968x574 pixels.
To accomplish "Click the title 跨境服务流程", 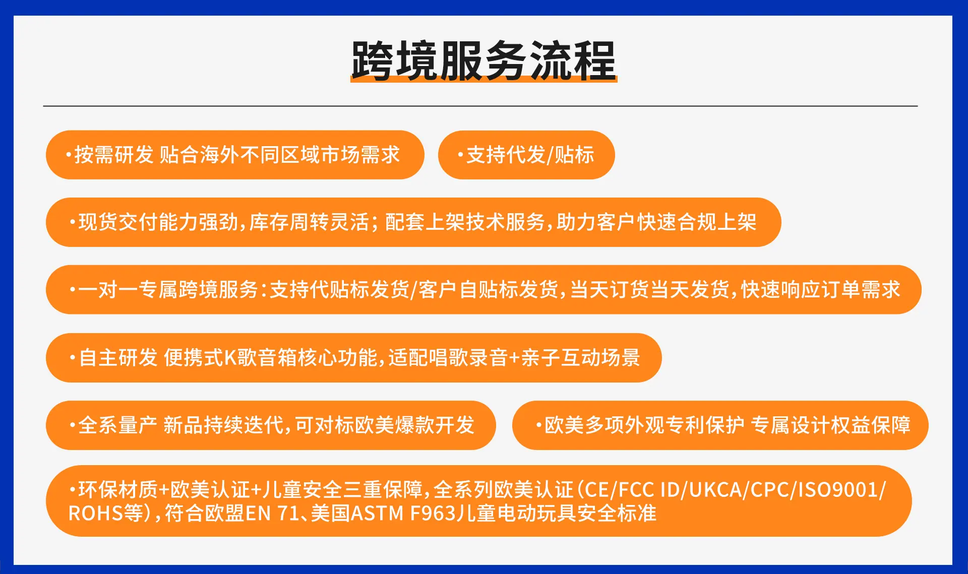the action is (x=483, y=61).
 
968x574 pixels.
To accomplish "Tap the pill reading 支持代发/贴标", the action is (x=526, y=155).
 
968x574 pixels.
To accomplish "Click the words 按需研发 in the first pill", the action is (x=114, y=155).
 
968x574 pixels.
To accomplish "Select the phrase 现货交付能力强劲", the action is (x=158, y=222).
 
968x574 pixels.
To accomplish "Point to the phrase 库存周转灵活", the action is (x=309, y=222).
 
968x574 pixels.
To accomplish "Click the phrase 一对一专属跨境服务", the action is (x=168, y=290).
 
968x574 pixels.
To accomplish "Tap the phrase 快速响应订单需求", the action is (x=821, y=290).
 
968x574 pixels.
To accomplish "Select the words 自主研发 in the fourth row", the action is (x=118, y=358).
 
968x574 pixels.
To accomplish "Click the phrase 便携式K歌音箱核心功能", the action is (x=270, y=358).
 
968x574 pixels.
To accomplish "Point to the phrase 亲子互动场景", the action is (x=580, y=358).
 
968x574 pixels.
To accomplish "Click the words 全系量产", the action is (x=118, y=425).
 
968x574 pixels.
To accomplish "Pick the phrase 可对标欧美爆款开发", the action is (x=385, y=425).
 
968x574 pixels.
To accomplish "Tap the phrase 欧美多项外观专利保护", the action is (x=644, y=425).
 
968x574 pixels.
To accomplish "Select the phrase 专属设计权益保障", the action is (x=831, y=425).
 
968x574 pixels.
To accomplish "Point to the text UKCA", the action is (x=716, y=490).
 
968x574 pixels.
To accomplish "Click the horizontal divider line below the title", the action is (x=480, y=106).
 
